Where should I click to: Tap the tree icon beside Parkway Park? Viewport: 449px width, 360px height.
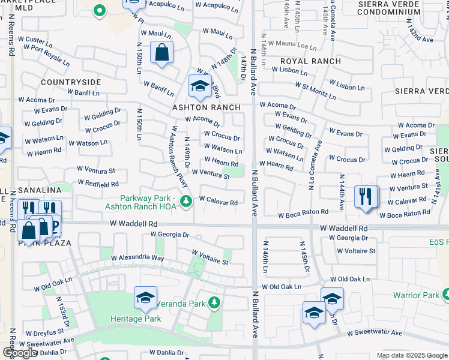(x=186, y=200)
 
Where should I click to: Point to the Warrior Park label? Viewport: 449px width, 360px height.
(x=415, y=295)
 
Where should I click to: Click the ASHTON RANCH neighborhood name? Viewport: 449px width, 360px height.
(x=206, y=107)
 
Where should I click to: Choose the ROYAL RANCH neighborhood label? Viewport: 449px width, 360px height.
(x=310, y=61)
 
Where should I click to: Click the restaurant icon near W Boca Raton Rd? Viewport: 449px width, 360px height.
(x=366, y=196)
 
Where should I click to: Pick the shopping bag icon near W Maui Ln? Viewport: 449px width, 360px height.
(x=161, y=52)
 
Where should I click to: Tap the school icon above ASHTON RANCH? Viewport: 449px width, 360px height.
(x=200, y=86)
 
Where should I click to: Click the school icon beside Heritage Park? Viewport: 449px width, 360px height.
(x=145, y=298)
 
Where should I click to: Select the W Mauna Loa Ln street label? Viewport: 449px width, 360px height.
(x=292, y=44)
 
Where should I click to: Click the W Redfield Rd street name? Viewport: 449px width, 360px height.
(x=98, y=183)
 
